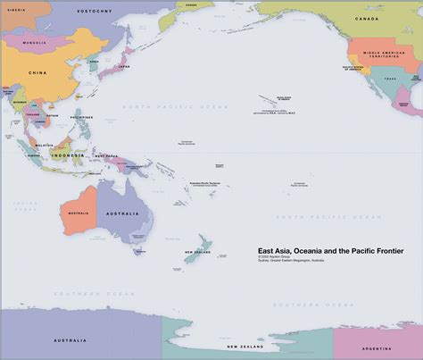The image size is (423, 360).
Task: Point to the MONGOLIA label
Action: pos(35,42)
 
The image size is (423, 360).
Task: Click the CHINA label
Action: pos(37,72)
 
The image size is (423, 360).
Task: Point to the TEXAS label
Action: pos(389,79)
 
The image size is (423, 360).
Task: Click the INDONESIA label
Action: pos(67,155)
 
